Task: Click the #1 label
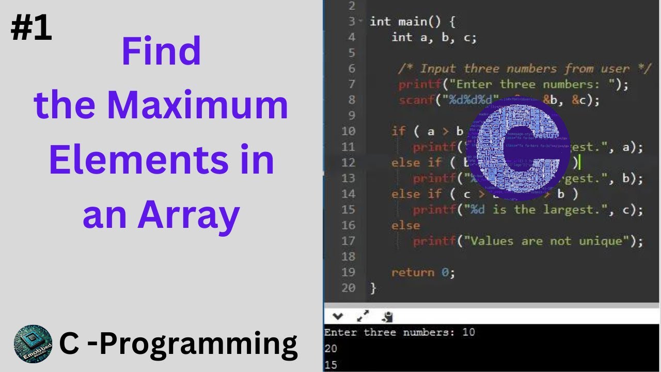point(32,29)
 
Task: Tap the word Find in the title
point(161,52)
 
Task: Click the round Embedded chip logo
point(33,344)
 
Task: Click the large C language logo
point(523,150)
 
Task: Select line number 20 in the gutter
point(348,288)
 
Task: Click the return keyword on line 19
point(413,272)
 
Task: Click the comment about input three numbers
point(524,69)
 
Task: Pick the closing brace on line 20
point(373,288)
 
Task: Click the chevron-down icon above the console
point(338,316)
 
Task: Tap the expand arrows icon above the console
point(364,316)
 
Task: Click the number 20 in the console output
point(330,349)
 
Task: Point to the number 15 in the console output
point(330,365)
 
